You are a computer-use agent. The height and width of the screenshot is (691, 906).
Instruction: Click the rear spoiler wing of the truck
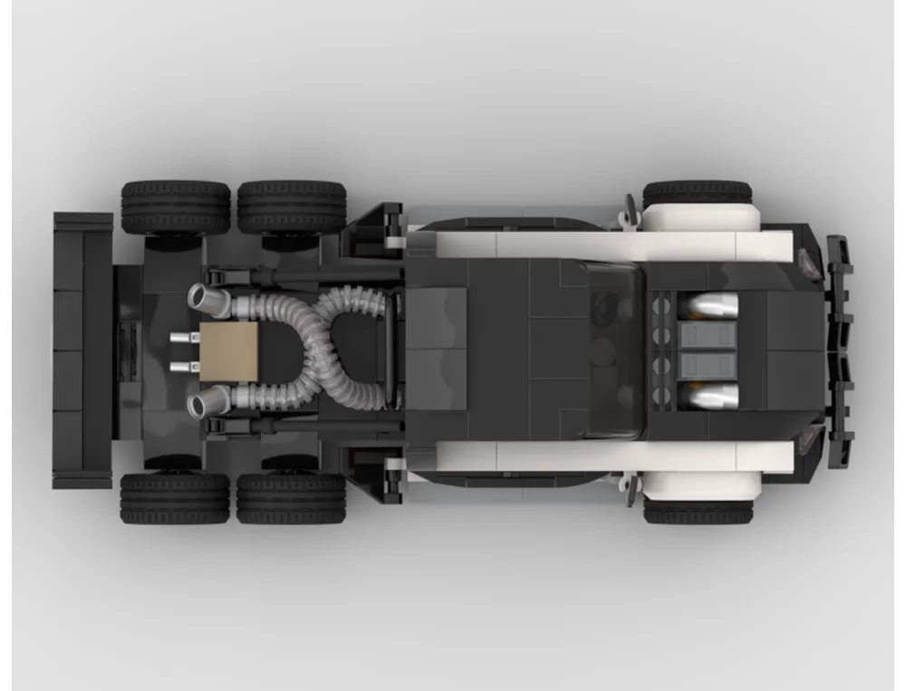click(82, 350)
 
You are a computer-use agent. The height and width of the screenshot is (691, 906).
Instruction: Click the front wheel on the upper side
click(698, 193)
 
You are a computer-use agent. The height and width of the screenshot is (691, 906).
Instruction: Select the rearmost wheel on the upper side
click(175, 206)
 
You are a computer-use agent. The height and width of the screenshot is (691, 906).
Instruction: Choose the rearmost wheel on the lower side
click(175, 498)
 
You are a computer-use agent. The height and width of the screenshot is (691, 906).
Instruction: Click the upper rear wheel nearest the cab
click(292, 206)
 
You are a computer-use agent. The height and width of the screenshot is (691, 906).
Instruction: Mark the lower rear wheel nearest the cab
click(292, 498)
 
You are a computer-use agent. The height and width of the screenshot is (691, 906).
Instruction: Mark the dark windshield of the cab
click(616, 350)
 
